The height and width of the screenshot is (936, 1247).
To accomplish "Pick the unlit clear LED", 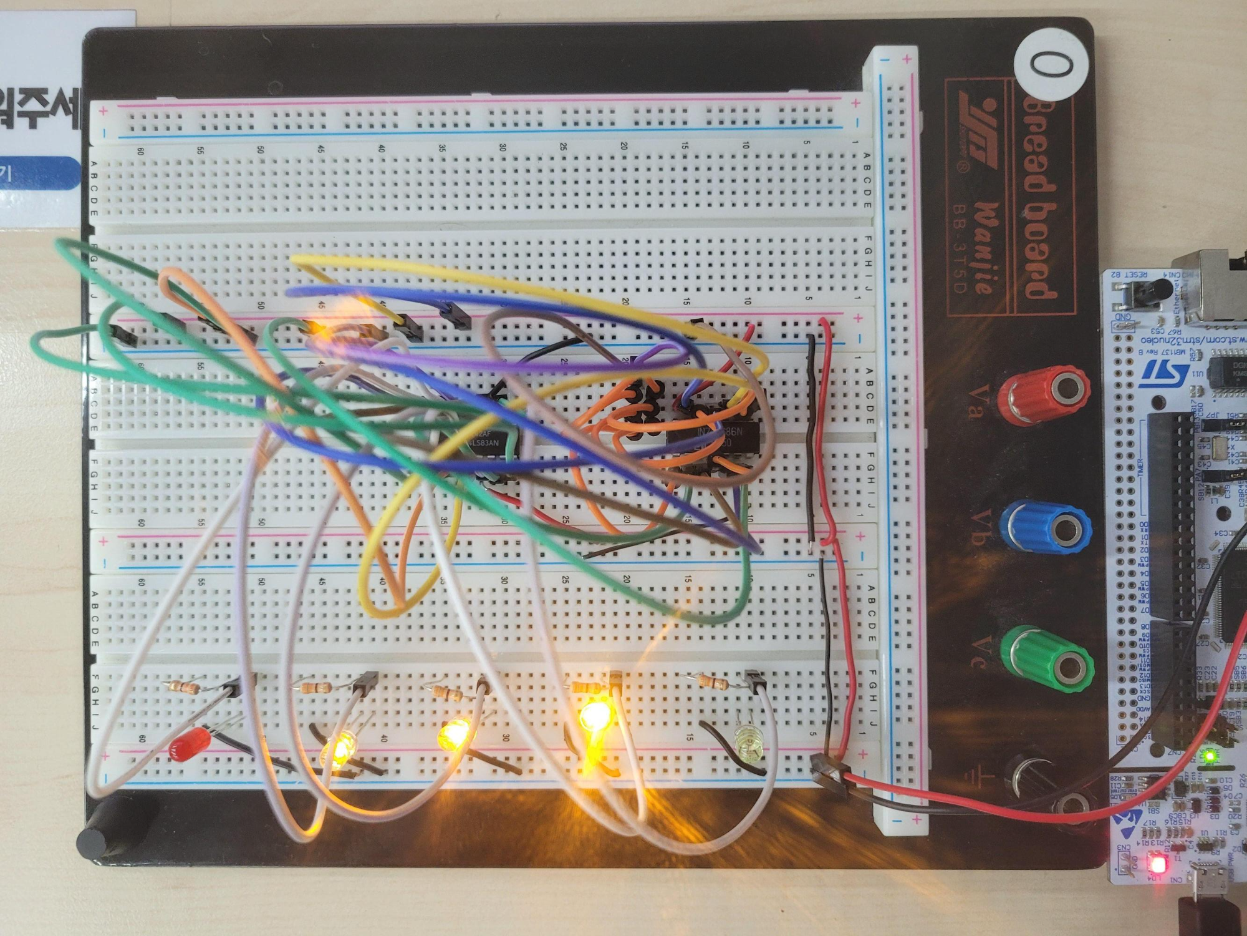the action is click(747, 743).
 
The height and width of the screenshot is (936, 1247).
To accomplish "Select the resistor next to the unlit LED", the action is click(711, 681).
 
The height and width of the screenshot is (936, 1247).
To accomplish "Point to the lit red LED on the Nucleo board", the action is click(1158, 865).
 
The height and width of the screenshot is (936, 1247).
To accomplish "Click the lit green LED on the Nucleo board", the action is click(1210, 756).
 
